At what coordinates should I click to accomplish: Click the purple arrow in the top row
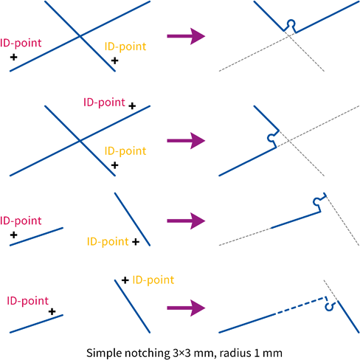pos(186,36)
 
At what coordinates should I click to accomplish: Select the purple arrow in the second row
pos(186,141)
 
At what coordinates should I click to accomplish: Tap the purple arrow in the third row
pos(186,221)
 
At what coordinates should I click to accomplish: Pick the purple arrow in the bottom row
pos(186,308)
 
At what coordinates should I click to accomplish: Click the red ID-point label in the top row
pos(21,44)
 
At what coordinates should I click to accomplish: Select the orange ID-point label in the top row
pos(125,46)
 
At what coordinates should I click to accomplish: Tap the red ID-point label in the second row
pos(104,103)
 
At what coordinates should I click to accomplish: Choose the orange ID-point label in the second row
pos(125,151)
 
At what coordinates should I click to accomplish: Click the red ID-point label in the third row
pos(21,221)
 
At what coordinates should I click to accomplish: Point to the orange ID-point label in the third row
pos(108,242)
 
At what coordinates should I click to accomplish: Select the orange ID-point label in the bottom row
pos(153,280)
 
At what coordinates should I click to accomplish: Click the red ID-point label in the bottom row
pos(28,301)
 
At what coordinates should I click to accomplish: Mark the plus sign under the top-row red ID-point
pos(14,58)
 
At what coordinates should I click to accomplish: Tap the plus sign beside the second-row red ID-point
pos(132,106)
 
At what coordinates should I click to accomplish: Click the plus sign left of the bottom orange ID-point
pos(125,280)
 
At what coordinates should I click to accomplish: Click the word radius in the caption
pos(235,353)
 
